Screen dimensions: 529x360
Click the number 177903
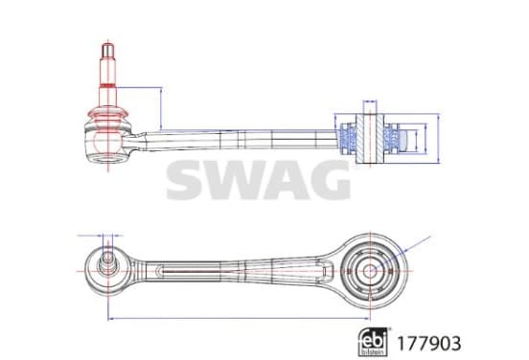click(x=428, y=344)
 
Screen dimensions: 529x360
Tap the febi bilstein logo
click(x=373, y=342)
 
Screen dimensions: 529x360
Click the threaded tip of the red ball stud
click(x=107, y=50)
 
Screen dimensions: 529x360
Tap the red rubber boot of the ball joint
click(x=107, y=116)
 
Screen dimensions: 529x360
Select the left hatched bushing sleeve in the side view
click(x=360, y=139)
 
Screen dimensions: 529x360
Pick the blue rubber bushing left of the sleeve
click(x=348, y=139)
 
